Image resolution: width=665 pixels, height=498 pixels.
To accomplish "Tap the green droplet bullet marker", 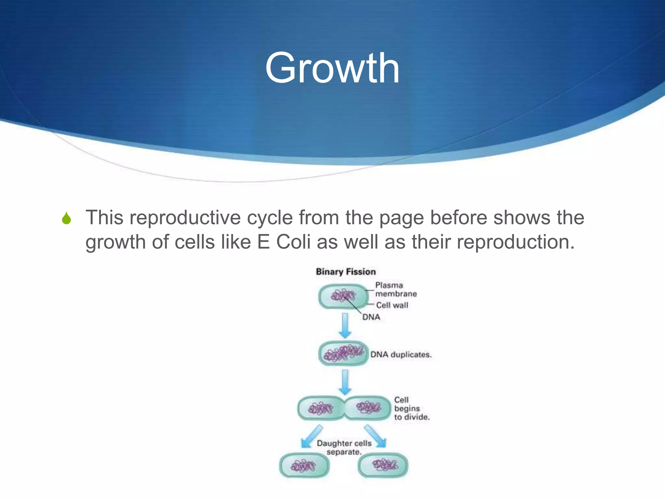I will [66, 218].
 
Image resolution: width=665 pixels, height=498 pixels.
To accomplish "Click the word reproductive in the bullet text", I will [185, 217].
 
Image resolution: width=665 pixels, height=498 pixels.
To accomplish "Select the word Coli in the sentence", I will [293, 242].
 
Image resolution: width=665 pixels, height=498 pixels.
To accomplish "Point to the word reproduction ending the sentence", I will [515, 242].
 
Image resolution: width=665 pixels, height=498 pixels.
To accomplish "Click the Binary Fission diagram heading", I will [345, 272].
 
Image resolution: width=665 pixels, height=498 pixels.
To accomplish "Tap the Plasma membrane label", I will [395, 290].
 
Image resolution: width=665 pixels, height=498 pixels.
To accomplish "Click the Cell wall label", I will [392, 305].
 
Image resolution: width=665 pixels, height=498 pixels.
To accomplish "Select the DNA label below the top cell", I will [371, 317].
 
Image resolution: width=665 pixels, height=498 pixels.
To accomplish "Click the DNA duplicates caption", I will [401, 354].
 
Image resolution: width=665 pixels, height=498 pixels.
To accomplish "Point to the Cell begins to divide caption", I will [411, 409].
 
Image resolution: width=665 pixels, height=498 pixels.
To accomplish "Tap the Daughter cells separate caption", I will [344, 447].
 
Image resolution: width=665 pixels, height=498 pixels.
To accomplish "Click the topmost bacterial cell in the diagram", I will [343, 296].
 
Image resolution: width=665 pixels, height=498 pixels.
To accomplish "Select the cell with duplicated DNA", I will [343, 353].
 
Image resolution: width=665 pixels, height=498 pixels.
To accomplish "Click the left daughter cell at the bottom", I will [304, 466].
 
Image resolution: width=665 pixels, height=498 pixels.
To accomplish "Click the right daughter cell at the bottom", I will [383, 466].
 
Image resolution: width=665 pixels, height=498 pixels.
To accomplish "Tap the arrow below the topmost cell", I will [345, 325].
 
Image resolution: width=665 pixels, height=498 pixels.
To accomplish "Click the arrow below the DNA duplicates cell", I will [345, 382].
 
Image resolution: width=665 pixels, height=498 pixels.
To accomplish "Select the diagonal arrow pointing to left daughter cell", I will [311, 437].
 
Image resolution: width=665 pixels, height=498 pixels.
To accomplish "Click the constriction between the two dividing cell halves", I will [344, 408].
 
